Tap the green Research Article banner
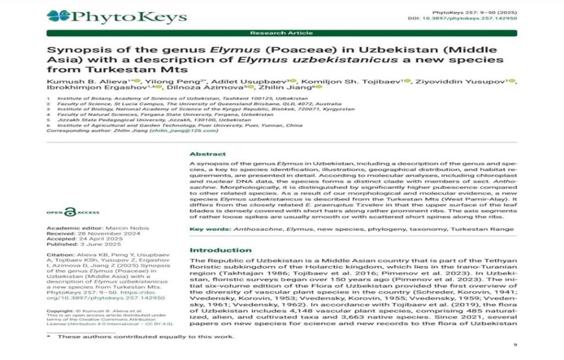(x=281, y=33)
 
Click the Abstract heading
(x=208, y=154)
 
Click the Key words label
(x=210, y=228)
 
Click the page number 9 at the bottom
(x=515, y=345)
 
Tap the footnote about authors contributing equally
(x=146, y=336)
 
